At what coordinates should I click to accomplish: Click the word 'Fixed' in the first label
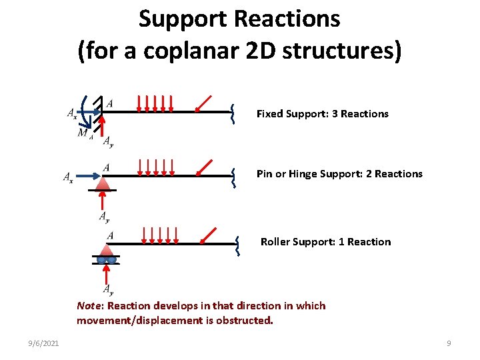click(269, 114)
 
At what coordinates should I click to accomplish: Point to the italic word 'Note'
click(89, 306)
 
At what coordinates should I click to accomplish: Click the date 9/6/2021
click(44, 343)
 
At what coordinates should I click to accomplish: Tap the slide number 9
click(449, 343)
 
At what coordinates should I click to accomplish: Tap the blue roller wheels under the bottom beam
click(107, 259)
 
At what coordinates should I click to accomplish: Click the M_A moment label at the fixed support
click(85, 133)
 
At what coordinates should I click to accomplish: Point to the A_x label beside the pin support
click(68, 177)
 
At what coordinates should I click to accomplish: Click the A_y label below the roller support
click(108, 289)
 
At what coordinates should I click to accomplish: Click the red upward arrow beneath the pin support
click(103, 201)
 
